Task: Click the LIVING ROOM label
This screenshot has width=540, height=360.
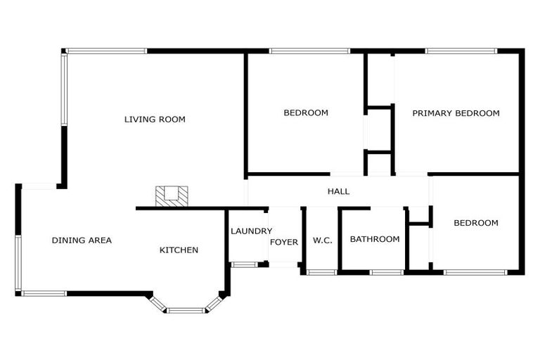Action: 155,120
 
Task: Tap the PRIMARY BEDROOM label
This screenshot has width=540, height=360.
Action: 456,113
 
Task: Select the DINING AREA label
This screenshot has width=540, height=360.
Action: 82,240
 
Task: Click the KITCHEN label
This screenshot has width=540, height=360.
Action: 179,250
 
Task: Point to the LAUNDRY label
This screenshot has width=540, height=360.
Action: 251,231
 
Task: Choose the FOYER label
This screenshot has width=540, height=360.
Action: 284,243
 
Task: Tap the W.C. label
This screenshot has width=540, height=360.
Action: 322,240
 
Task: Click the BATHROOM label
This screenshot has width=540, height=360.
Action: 375,239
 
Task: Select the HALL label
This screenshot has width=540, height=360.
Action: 338,191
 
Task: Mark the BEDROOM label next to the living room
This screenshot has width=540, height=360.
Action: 306,113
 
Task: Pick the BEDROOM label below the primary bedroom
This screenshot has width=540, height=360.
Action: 476,224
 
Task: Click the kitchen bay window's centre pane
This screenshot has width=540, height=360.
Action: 186,310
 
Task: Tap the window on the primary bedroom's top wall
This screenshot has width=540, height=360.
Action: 461,51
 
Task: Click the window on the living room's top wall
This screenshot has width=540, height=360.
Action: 106,51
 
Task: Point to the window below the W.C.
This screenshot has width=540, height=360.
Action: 322,272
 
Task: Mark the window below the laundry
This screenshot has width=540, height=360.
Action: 244,264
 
